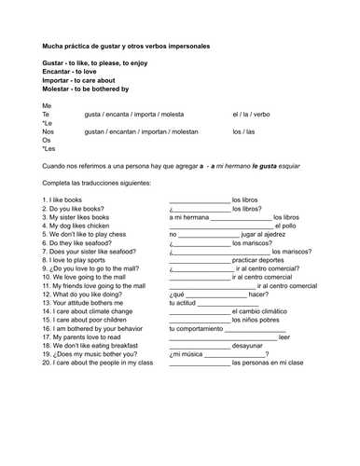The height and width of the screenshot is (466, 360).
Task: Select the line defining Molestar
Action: tap(85, 89)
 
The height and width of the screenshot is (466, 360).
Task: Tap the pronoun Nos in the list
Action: tap(48, 131)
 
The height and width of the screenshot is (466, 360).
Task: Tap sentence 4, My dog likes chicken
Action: tap(76, 226)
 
